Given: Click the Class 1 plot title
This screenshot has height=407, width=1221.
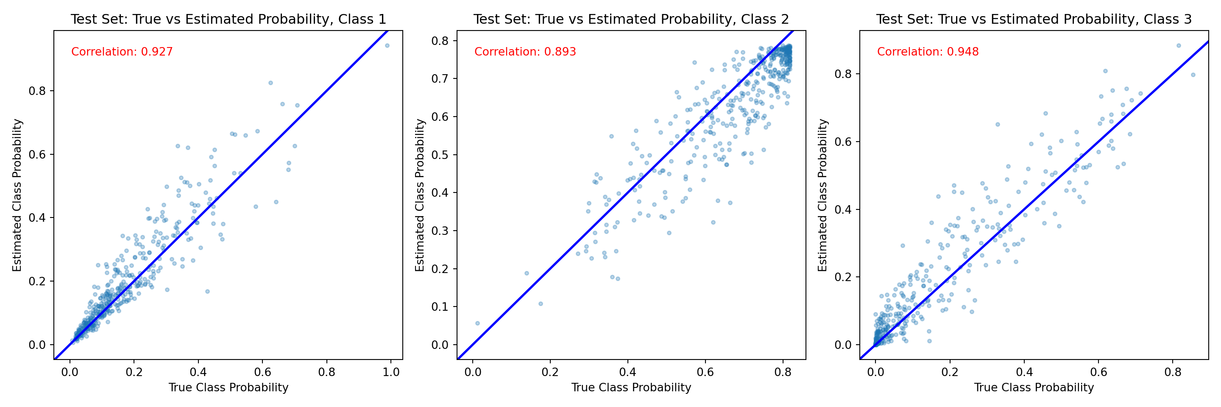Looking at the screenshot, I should coord(228,20).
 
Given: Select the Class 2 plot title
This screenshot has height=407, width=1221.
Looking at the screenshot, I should coord(631,20).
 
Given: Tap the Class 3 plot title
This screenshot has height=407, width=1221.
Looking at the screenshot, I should coord(1034,20).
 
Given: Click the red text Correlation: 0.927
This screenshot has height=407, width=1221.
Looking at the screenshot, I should coord(122,52).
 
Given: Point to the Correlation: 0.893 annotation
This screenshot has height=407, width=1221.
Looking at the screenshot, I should coord(525,52).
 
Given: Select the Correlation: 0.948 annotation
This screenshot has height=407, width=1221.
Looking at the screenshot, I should coord(928,52).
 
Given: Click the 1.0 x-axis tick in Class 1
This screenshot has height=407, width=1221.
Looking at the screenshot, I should coord(391,372).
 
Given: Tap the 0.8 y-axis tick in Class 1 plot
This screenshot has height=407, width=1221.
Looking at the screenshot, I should coord(37,91).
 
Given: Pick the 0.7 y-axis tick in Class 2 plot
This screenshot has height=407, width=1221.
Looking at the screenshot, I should coord(440,79).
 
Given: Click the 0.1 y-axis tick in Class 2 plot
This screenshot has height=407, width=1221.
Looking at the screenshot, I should coord(440,307).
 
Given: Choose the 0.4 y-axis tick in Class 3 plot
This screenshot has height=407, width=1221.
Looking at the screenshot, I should coord(843,209).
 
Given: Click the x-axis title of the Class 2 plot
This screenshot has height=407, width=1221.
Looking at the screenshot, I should coord(631,387).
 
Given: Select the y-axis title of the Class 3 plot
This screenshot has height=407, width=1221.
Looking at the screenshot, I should coord(823,195).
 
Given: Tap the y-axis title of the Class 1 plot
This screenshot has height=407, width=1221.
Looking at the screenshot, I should coord(17,195).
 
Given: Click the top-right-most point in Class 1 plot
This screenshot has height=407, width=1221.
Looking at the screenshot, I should coord(387,45).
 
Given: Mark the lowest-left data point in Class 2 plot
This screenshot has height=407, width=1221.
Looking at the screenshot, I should coord(477,323).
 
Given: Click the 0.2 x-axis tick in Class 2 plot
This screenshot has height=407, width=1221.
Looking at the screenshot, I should coord(550,372).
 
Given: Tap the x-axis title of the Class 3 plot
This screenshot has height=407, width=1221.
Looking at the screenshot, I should coord(1034,387).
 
